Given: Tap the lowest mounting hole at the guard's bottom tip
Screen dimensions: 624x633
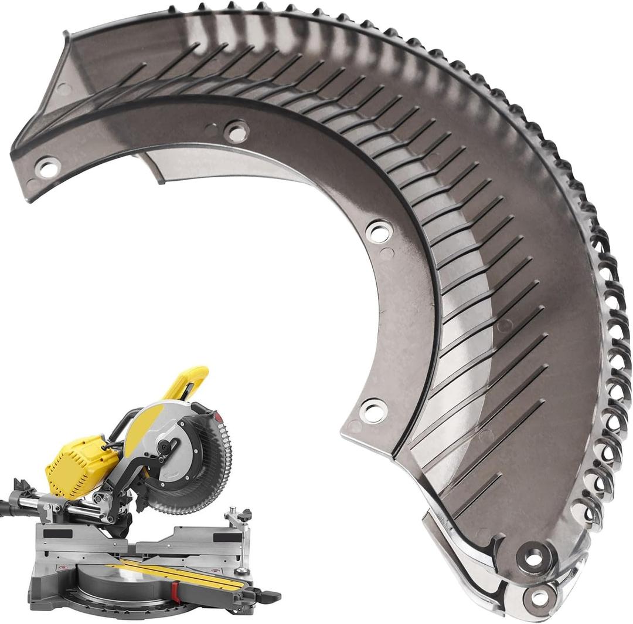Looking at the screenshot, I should coord(537,597).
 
